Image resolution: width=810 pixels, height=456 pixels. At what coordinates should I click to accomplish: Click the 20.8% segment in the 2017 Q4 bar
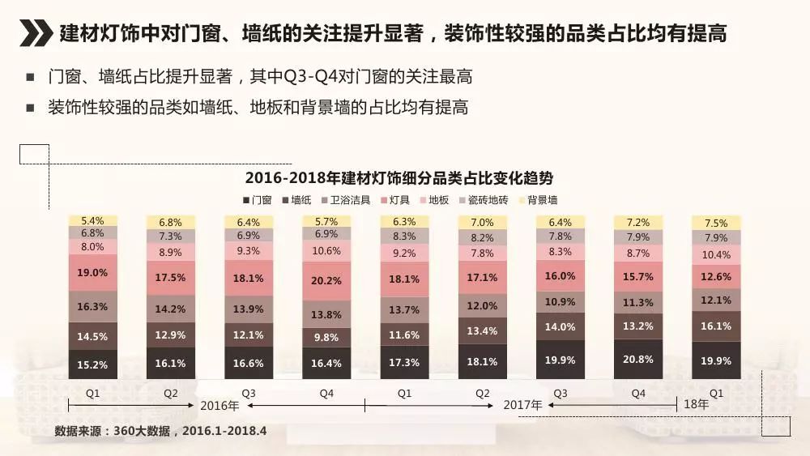(x=638, y=359)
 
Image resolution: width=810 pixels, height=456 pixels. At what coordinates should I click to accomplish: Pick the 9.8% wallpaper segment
(x=326, y=338)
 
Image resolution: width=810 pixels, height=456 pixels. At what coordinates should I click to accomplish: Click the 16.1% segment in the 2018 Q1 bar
(x=716, y=326)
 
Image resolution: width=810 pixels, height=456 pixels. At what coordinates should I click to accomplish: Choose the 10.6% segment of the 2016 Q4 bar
(x=326, y=251)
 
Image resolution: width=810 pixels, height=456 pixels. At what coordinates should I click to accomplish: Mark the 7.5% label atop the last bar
(x=716, y=224)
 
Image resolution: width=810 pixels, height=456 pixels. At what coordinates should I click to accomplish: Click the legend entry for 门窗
(x=257, y=200)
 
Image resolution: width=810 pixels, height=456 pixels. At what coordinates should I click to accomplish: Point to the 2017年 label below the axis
(x=522, y=405)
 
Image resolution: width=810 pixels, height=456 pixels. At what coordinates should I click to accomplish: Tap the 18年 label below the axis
(x=696, y=404)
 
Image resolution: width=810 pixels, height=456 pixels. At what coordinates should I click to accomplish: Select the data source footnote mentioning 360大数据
(x=160, y=430)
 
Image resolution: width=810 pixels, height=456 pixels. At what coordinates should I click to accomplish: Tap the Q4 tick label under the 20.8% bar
(x=638, y=393)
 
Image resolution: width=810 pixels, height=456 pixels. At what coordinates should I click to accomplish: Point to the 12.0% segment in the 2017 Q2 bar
(x=482, y=306)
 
